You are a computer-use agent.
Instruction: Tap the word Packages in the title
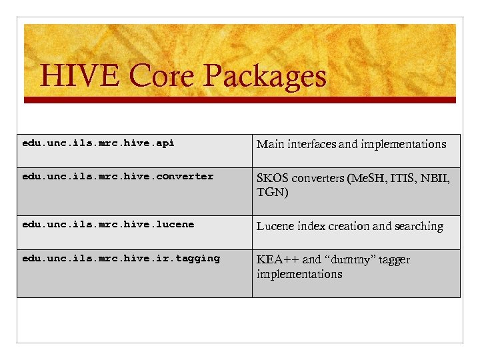click(x=264, y=76)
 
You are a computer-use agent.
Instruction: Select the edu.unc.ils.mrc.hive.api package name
click(x=98, y=143)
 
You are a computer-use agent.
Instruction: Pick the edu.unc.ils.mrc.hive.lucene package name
click(x=108, y=225)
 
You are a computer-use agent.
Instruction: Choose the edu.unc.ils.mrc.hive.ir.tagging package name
click(x=121, y=258)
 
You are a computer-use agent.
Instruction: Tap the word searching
click(x=418, y=227)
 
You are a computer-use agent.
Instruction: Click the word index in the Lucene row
click(x=312, y=227)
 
